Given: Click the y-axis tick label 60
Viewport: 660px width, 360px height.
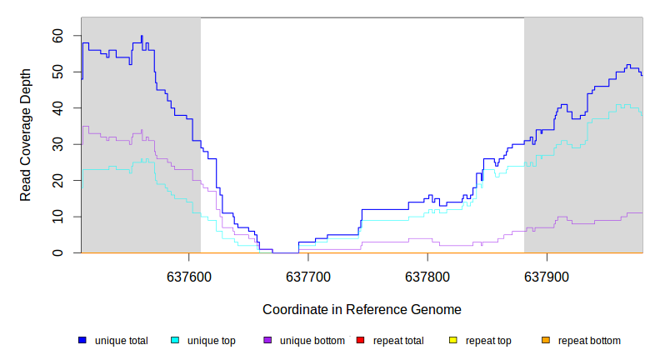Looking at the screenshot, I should point(57,36).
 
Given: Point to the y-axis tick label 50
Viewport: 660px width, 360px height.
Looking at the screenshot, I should point(57,72).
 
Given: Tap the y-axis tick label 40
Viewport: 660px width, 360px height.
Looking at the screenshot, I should point(57,108).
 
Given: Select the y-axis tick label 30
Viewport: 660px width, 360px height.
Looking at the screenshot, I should point(57,144).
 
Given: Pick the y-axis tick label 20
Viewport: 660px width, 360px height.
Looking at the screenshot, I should point(57,181).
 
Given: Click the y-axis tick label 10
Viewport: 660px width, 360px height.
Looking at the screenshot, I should point(57,217).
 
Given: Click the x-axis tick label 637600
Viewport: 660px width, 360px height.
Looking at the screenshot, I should point(189,275).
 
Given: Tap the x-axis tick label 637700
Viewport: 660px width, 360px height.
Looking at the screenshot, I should point(308,275).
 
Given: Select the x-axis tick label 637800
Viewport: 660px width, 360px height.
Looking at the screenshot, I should point(427,275).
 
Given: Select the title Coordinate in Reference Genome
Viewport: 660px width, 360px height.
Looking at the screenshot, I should point(362,309).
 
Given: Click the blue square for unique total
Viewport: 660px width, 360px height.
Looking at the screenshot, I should point(82,340).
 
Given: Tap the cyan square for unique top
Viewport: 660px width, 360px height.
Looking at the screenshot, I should point(175,340).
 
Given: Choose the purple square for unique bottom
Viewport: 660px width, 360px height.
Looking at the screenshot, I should point(267,340).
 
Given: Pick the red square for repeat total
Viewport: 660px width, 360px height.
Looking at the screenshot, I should point(360,340).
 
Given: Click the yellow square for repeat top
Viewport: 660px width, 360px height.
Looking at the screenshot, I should point(453,340).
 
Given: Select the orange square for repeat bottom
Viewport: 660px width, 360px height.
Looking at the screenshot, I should point(546,340).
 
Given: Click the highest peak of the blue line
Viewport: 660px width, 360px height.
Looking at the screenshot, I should point(142,37).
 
